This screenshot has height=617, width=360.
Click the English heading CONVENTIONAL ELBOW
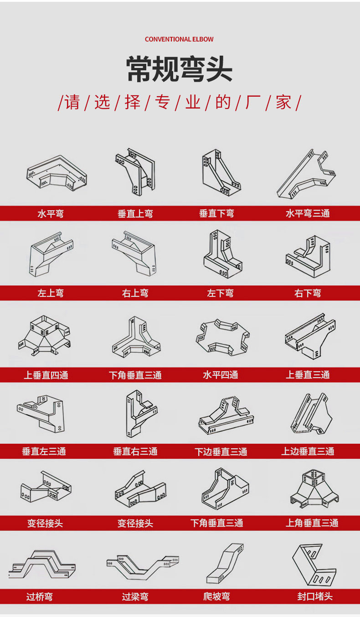click(179, 39)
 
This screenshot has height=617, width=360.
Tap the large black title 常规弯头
click(180, 69)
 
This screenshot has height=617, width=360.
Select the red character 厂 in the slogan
click(252, 102)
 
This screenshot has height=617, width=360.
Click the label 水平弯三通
click(308, 213)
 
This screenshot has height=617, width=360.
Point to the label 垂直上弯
click(135, 213)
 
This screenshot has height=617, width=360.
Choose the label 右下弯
click(308, 293)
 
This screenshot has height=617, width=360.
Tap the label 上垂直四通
click(46, 375)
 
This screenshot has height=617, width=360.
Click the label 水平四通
click(221, 375)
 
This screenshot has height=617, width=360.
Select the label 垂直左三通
click(44, 451)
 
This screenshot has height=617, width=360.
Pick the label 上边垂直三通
click(308, 451)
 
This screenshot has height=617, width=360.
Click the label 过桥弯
click(39, 597)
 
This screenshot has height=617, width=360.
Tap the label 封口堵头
click(315, 596)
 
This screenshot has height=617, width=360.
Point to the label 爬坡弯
click(216, 596)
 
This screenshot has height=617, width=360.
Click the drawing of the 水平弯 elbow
click(57, 172)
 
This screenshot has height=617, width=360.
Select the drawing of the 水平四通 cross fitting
click(223, 338)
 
